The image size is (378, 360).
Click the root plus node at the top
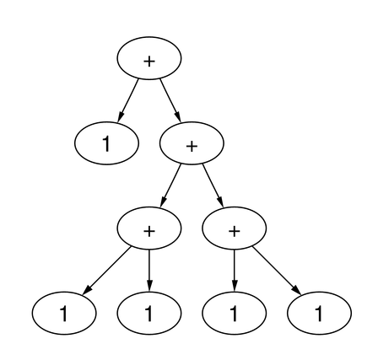point(149,58)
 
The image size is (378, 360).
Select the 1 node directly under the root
point(106,143)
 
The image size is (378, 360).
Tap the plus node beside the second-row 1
point(192,143)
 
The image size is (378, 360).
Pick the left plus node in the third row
point(149,228)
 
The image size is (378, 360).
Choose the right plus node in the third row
point(234,228)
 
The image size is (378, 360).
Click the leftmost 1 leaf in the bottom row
point(64,313)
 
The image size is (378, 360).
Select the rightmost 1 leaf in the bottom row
point(319,313)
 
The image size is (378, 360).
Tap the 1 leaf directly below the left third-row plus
point(149,313)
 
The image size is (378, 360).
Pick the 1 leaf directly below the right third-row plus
point(234,313)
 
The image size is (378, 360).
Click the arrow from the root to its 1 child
point(128,100)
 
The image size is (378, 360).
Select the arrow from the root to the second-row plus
point(170,100)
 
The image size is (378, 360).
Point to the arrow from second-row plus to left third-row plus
point(170,185)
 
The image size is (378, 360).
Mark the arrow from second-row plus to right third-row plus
point(213,185)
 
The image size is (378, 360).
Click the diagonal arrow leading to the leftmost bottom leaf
point(107,271)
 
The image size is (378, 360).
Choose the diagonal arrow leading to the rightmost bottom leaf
point(277,271)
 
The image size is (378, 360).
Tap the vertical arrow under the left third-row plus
point(149,271)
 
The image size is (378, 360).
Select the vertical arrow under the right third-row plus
point(234,271)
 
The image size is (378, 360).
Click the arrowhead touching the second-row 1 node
point(121,116)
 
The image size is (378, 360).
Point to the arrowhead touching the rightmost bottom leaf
point(297,291)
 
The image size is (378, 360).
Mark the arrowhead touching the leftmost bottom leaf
point(87,291)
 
